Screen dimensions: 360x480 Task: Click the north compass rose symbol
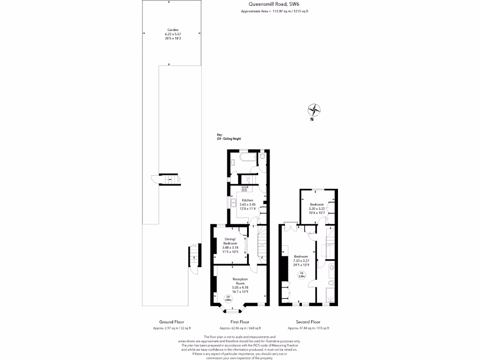point(314,110)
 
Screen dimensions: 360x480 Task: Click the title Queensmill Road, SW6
point(275,5)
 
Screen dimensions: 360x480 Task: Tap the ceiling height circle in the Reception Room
point(228,298)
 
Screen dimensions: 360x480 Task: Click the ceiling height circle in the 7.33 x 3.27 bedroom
point(302,275)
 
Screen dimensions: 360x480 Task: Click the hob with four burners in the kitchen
point(245,188)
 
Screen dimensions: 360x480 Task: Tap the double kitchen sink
point(233,202)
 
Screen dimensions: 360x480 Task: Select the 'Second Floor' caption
point(308,322)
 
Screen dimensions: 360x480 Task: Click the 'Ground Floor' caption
point(172,322)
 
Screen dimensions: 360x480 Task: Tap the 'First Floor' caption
point(240,322)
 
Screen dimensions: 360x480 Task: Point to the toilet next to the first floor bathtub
point(263,156)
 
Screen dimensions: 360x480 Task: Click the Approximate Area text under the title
point(274,12)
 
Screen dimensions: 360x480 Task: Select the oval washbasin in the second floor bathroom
point(332,268)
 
